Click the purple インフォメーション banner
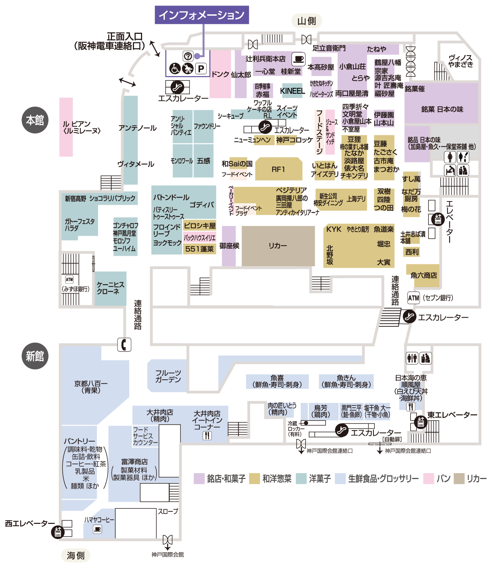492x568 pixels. pos(202,15)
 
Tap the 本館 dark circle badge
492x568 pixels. pos(35,120)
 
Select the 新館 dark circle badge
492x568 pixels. pos(35,356)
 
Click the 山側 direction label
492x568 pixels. pos(306,21)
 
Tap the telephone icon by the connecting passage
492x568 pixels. pos(124,344)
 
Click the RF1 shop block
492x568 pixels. pos(278,169)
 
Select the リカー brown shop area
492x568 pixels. pos(278,246)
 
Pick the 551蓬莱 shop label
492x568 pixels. pos(199,249)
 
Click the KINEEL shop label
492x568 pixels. pos(292,91)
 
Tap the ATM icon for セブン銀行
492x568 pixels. pos(413,298)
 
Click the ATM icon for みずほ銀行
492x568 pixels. pos(69,279)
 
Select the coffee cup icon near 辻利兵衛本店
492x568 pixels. pos(298,59)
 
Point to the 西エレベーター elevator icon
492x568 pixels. pos(58,532)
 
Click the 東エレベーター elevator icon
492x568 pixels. pos(420,422)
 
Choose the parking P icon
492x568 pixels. pos(201,69)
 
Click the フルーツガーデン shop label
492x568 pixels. pos(168,376)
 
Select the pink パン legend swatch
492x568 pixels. pos(428,478)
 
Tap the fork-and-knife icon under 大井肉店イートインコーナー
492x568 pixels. pos(207,435)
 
